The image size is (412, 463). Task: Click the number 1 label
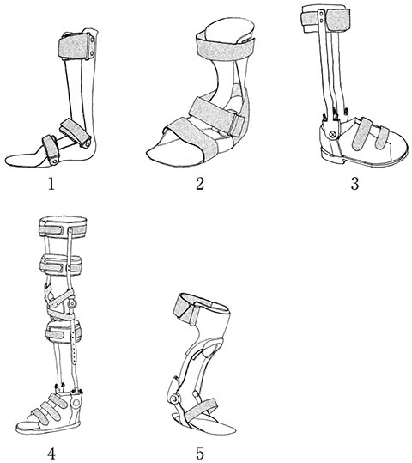(51, 184)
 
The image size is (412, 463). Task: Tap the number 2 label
(200, 184)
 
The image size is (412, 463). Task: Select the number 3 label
(354, 184)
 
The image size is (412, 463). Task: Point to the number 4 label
(51, 453)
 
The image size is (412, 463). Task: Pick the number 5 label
(200, 453)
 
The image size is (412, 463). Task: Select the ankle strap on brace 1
(75, 133)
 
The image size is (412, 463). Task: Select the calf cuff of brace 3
(325, 20)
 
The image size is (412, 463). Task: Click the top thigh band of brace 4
(64, 227)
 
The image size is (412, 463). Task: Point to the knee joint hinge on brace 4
(71, 303)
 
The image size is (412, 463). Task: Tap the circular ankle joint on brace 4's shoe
(76, 402)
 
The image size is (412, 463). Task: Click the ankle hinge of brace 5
(175, 399)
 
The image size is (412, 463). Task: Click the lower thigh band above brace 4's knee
(60, 265)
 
